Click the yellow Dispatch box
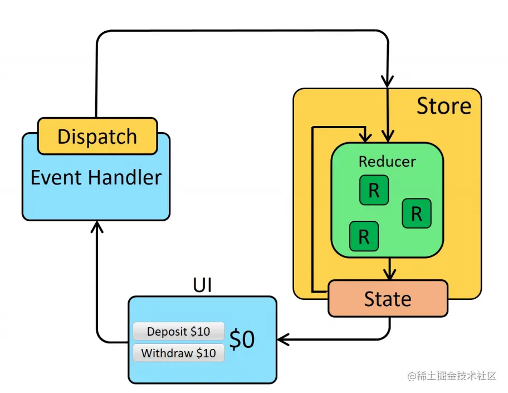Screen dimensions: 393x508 point(97,137)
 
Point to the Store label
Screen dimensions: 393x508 point(443,106)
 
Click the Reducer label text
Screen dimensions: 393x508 point(387,162)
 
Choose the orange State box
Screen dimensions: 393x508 point(388,299)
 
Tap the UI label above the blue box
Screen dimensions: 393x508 point(202,285)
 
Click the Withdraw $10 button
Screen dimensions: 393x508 point(178,353)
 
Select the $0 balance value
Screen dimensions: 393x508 point(242,340)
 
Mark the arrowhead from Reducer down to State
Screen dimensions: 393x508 point(389,274)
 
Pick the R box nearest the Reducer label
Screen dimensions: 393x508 point(374,190)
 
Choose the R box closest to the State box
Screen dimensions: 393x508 point(364,236)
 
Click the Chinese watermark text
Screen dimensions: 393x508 point(451,376)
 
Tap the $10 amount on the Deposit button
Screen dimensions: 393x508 point(200,332)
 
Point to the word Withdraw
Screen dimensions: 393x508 point(165,353)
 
